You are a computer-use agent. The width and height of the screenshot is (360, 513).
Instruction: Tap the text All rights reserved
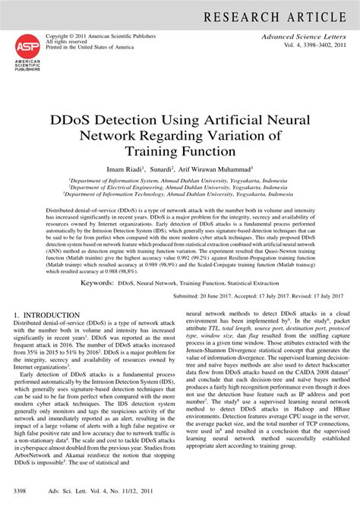click(67, 41)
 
